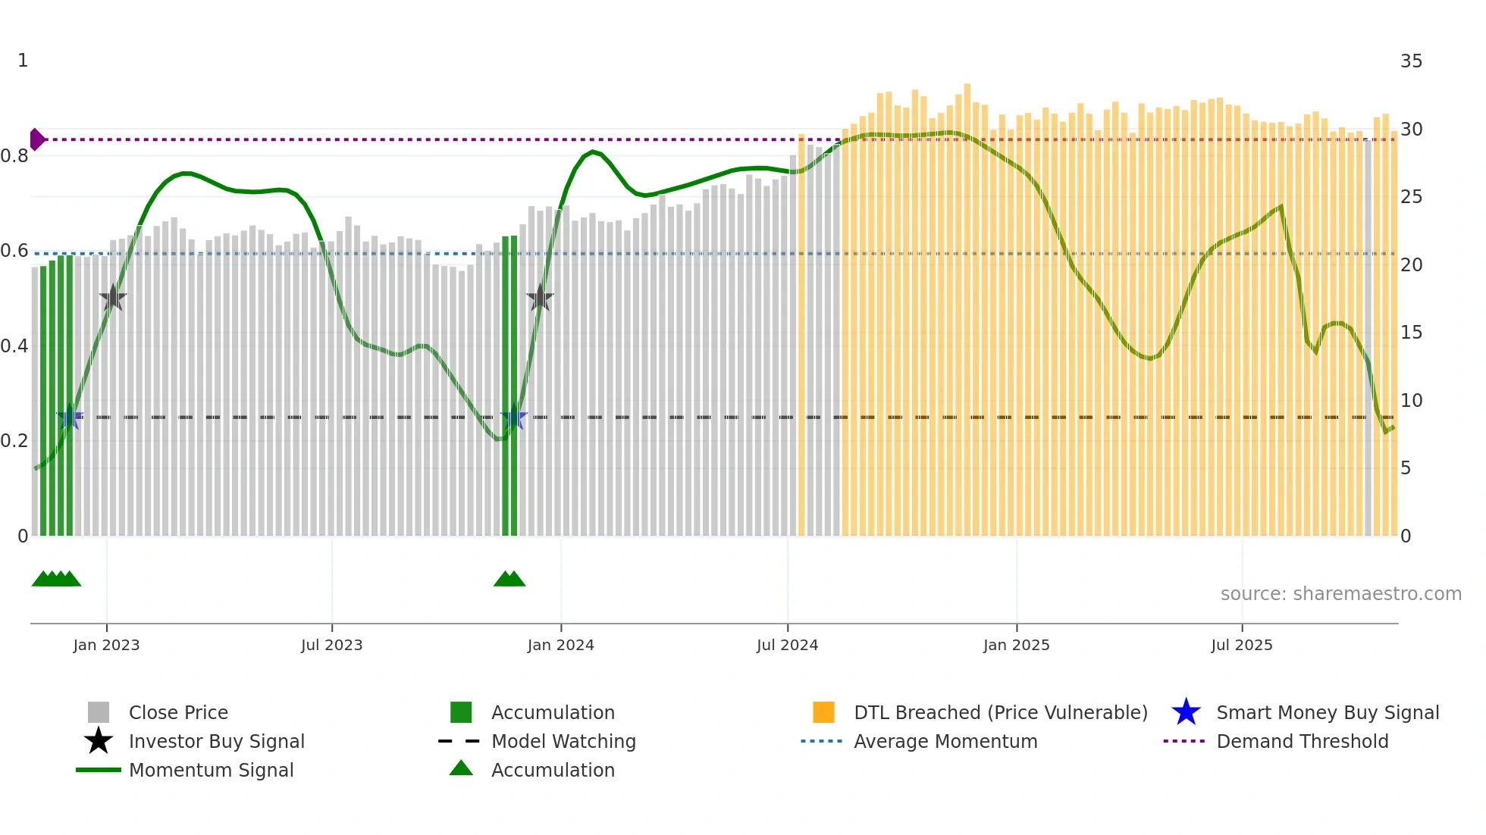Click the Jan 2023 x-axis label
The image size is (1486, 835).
coord(106,645)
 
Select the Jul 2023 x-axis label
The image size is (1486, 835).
coord(331,645)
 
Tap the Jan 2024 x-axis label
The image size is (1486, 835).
coord(560,645)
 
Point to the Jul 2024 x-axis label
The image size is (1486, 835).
coord(787,645)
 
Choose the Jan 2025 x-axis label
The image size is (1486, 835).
coord(1016,645)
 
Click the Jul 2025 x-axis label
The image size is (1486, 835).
coord(1241,645)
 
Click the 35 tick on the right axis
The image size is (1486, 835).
coord(1411,61)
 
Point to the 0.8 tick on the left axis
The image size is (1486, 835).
coord(14,156)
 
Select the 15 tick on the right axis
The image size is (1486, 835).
coord(1411,333)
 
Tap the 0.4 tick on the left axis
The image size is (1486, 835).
coord(14,346)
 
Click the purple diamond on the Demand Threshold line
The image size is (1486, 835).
coord(36,139)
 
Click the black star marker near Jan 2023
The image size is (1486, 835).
coord(113,298)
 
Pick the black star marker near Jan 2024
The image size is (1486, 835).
coord(540,298)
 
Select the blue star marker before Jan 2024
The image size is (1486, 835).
coord(513,417)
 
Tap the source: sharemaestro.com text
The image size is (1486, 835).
coord(1340,594)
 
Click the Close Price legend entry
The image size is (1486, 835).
coord(178,712)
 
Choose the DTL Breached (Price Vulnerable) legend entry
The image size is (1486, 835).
coord(1000,712)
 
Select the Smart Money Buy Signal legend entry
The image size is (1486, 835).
coord(1327,712)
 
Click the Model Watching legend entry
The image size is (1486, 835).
coord(563,741)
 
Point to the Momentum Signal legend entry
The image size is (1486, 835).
coord(211,770)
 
